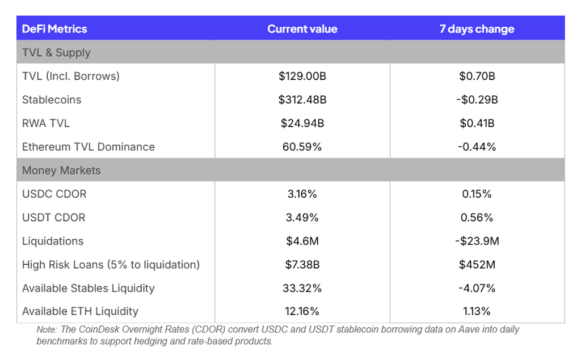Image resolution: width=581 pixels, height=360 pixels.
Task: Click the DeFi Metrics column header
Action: (54, 29)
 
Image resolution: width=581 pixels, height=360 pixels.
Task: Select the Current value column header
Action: (302, 29)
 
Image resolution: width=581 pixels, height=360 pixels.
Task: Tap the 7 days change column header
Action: (477, 29)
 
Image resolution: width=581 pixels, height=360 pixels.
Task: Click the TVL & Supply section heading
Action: (56, 53)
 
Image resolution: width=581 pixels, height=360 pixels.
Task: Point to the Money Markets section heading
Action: (61, 171)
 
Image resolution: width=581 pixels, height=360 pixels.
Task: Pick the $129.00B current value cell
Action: (302, 76)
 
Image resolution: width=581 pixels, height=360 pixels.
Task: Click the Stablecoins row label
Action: (52, 100)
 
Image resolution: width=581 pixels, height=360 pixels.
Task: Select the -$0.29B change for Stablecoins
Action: (477, 100)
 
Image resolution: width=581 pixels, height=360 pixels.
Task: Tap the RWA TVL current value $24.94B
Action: (302, 123)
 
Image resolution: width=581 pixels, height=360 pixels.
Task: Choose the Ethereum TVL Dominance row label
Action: (88, 147)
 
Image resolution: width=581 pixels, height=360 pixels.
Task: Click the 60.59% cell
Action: (302, 147)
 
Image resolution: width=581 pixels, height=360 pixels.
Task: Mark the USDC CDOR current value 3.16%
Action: (302, 194)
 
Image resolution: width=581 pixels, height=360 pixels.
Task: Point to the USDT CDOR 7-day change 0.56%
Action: (477, 217)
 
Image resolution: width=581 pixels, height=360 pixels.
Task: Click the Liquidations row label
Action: (53, 241)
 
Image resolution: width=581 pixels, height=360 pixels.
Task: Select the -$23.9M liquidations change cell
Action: (477, 241)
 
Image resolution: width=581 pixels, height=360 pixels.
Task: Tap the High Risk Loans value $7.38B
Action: (302, 264)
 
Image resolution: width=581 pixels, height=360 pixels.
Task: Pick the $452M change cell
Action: (477, 264)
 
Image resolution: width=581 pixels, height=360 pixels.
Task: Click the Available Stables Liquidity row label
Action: (88, 288)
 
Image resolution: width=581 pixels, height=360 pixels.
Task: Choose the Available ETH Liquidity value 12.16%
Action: (302, 311)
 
